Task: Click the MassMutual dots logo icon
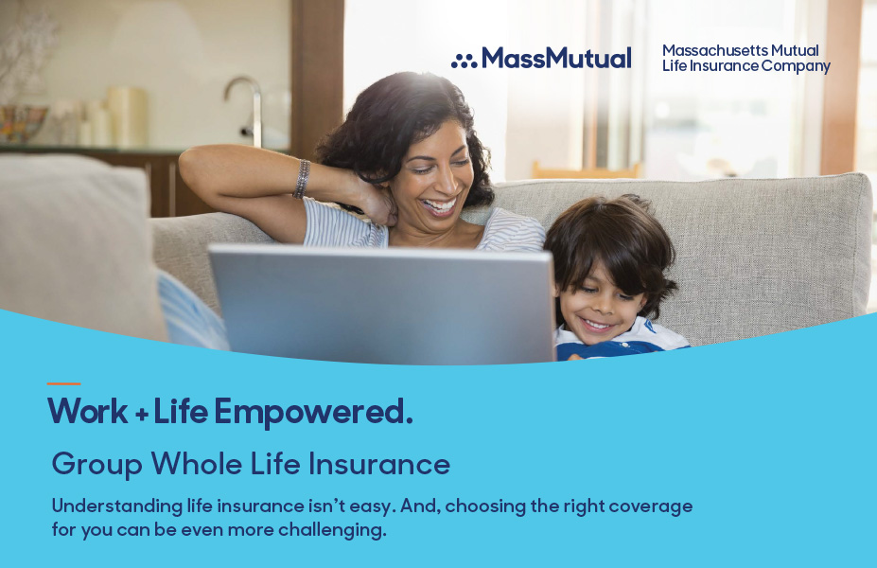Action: [465, 61]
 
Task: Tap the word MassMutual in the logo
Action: [556, 58]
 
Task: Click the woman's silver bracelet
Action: [302, 179]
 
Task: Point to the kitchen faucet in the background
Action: [247, 109]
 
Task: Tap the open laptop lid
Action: [382, 304]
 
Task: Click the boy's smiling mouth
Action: [597, 324]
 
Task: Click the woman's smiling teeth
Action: [440, 206]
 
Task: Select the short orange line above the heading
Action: [63, 384]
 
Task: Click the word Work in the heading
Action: [88, 411]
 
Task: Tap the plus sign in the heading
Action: [142, 415]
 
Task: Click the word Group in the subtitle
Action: [97, 465]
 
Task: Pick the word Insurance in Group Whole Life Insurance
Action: [379, 464]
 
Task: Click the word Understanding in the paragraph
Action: [117, 506]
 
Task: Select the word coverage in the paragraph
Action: [651, 507]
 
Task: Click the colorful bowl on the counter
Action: [23, 122]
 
